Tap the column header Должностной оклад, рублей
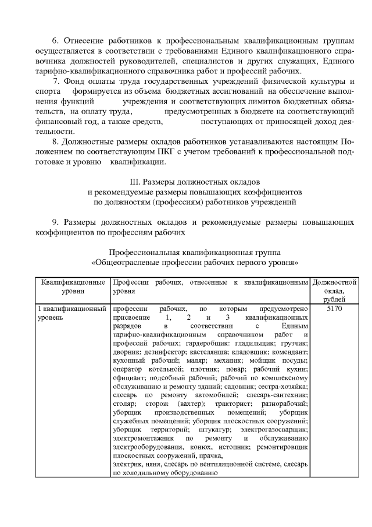pyautogui.click(x=334, y=290)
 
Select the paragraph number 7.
pyautogui.click(x=56, y=80)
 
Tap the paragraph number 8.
pyautogui.click(x=55, y=142)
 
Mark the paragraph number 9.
pyautogui.click(x=55, y=222)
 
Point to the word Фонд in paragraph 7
pyautogui.click(x=76, y=80)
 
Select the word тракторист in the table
pyautogui.click(x=236, y=403)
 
